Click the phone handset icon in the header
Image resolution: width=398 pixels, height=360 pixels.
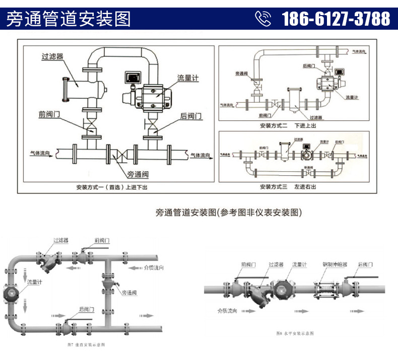pyautogui.click(x=263, y=19)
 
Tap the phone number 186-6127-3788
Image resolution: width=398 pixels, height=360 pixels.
pyautogui.click(x=336, y=19)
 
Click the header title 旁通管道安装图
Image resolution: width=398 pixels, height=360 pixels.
pyautogui.click(x=68, y=19)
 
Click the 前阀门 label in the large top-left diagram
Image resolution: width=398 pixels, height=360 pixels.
pyautogui.click(x=49, y=114)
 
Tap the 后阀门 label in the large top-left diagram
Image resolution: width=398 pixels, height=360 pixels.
pyautogui.click(x=191, y=116)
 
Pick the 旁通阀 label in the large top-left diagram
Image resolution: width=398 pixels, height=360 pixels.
pyautogui.click(x=137, y=174)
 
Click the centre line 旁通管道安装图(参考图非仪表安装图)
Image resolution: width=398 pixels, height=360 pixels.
pyautogui.click(x=229, y=212)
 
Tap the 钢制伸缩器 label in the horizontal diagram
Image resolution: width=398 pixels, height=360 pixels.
pyautogui.click(x=333, y=264)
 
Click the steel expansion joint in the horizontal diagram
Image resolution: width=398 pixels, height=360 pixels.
pyautogui.click(x=323, y=291)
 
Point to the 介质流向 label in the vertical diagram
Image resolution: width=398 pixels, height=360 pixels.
pyautogui.click(x=153, y=268)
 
